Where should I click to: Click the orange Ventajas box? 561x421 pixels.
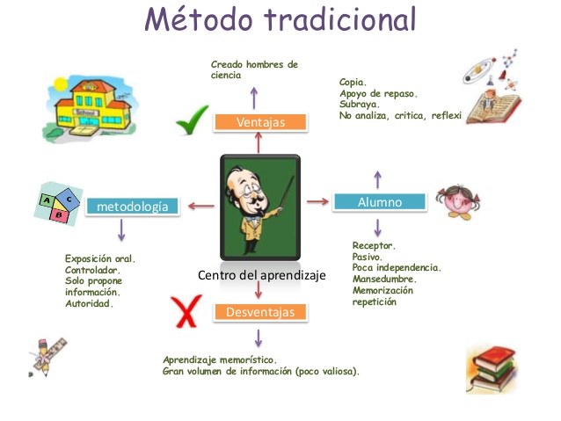coord(260,121)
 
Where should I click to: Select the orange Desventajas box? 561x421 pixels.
coord(259,311)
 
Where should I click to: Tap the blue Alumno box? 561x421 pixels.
coord(379,202)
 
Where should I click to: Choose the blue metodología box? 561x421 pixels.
coord(133,207)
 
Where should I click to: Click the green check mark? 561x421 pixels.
coord(193,123)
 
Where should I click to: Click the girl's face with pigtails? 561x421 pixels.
coord(459,202)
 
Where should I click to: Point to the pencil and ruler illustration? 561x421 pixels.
coord(40,354)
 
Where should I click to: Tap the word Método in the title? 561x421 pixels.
coord(197,19)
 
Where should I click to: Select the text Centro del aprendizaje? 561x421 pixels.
coord(262,275)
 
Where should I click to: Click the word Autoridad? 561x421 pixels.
coord(89,303)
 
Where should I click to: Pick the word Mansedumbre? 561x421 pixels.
coord(384,279)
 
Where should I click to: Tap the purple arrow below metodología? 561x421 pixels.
coord(121,230)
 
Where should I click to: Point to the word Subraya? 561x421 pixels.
coord(360,104)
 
